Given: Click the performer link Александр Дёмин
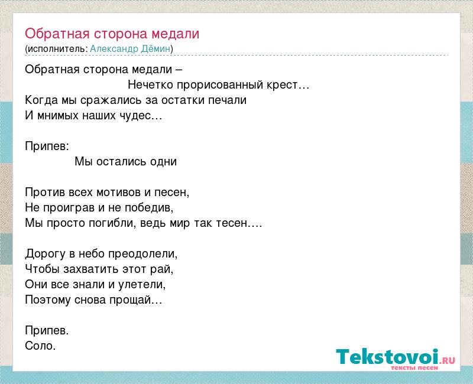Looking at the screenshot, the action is click(x=130, y=49).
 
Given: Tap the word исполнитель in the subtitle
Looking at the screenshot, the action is click(x=56, y=49).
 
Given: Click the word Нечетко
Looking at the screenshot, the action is click(x=151, y=84).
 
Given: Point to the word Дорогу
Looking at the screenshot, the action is click(x=45, y=254).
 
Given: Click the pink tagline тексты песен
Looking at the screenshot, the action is click(x=414, y=368).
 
